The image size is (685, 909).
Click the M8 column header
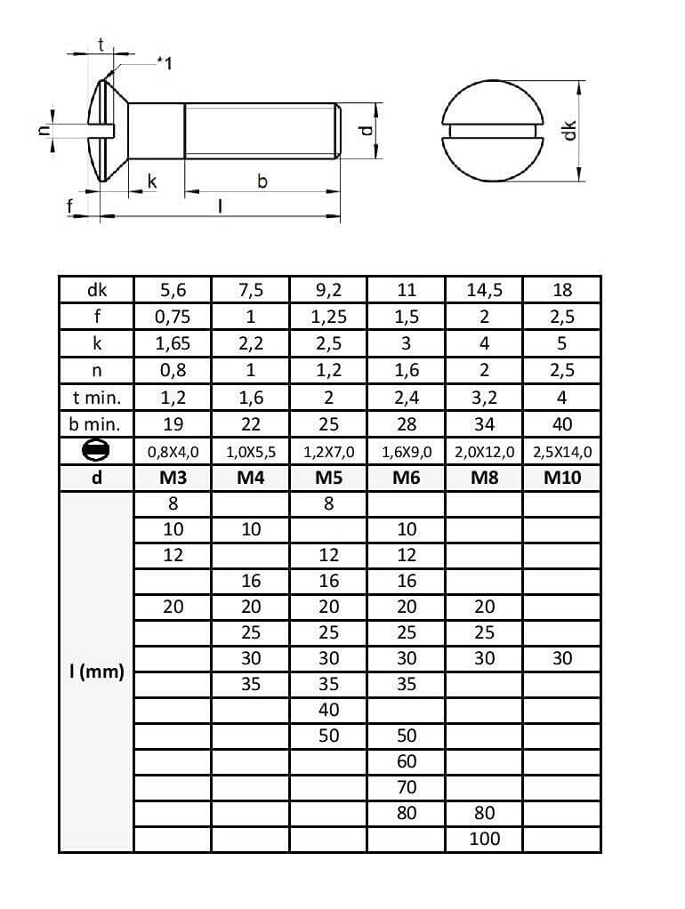pos(484,478)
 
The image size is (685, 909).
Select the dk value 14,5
pos(484,290)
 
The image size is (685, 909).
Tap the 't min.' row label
pos(96,398)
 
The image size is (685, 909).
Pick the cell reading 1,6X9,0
pos(407,452)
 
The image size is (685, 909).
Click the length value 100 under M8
pos(484,839)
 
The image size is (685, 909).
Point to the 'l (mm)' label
pos(96,672)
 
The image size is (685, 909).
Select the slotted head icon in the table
pos(96,451)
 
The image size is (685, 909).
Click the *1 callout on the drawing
pos(164,63)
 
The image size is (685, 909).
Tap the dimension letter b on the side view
pos(262,181)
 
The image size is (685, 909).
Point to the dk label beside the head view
pos(570,131)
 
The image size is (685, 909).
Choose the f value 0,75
pos(173,317)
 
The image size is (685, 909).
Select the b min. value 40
pos(562,424)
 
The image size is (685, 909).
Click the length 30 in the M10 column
pos(562,658)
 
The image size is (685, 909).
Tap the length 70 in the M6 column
pos(407,787)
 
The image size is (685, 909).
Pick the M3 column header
pos(173,478)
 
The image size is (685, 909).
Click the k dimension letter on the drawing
pos(151,181)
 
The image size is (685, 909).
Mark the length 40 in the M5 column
pos(328,710)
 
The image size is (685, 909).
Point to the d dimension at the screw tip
pos(363,130)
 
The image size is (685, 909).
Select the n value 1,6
pos(407,371)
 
